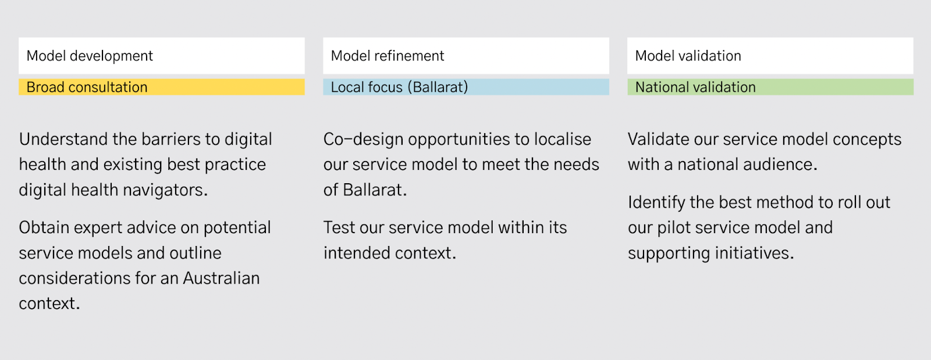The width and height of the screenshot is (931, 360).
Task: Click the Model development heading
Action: click(90, 56)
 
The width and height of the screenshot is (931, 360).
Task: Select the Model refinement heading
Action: click(388, 56)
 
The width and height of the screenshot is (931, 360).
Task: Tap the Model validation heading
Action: click(688, 56)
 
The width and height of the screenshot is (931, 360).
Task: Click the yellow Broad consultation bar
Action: click(162, 87)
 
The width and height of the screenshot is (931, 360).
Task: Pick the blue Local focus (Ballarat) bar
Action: click(466, 87)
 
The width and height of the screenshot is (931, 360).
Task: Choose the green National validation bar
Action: click(770, 87)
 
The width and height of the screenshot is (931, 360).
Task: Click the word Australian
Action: click(221, 278)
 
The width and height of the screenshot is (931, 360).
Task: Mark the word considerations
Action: click(74, 278)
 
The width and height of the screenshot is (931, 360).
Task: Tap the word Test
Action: click(339, 227)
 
